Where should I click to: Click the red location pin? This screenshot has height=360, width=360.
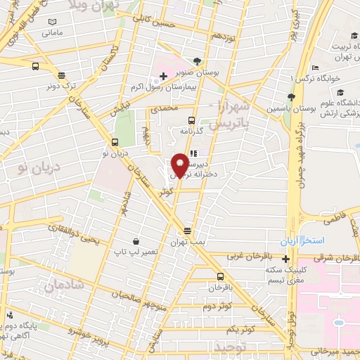[x=181, y=164]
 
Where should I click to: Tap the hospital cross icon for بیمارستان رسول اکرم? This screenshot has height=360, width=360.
[x=163, y=75]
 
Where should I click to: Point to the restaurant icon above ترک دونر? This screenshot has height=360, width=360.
[x=61, y=75]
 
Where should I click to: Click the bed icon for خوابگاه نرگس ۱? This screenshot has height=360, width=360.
[x=314, y=67]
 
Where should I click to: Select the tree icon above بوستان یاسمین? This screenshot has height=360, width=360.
[x=291, y=97]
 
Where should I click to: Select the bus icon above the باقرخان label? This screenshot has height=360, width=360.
[x=221, y=276]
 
